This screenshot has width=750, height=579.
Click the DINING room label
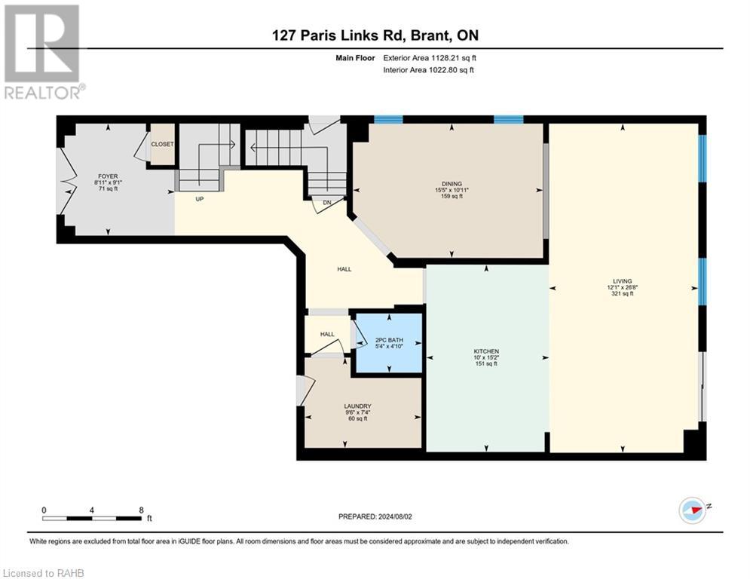452,184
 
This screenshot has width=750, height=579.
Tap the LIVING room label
623,281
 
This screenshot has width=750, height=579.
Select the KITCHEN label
486,351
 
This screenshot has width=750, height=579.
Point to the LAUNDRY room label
357,406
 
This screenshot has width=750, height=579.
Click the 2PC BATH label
389,340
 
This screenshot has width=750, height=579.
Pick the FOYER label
108,176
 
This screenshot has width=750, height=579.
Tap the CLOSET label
162,144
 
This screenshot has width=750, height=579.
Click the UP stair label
200,198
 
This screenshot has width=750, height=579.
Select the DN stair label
326,203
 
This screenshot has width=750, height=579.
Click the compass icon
692,510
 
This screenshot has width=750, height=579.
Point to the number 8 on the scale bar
141,510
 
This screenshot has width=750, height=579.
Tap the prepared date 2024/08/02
395,516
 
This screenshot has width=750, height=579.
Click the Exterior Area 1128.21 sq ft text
430,58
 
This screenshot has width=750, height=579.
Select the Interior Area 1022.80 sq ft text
429,70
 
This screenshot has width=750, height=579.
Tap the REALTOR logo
44,52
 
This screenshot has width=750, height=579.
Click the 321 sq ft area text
623,294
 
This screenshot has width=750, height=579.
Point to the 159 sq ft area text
452,196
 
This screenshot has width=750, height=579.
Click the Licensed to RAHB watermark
44,573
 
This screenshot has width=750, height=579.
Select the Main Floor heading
355,58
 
